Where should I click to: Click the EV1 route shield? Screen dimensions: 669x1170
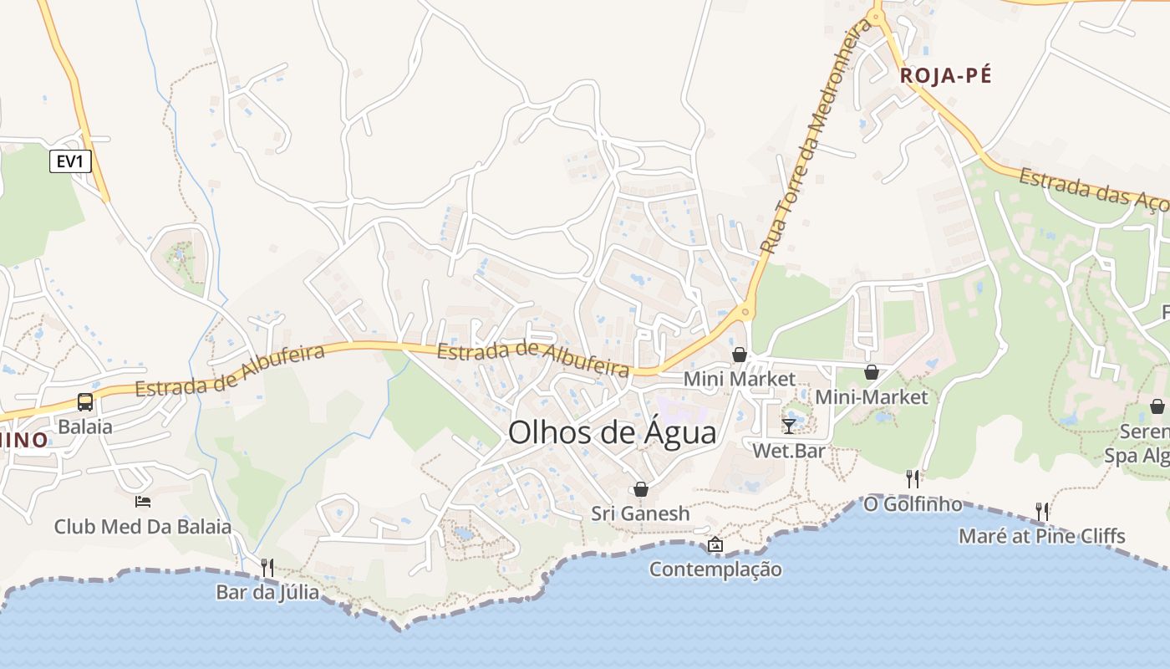(x=70, y=161)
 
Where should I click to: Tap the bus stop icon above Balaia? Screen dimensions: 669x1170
(x=85, y=402)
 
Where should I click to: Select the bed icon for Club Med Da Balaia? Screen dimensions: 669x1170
(x=143, y=502)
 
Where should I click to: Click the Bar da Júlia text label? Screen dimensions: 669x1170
(x=267, y=592)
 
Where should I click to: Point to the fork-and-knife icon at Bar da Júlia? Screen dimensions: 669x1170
(x=267, y=568)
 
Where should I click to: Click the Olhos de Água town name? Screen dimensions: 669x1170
(x=612, y=433)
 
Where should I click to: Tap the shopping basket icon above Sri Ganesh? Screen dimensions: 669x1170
(x=640, y=489)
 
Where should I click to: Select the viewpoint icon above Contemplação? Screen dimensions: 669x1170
(x=715, y=545)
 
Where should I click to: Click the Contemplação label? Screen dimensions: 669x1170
(x=715, y=569)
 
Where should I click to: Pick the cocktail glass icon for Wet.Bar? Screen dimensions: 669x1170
(x=789, y=426)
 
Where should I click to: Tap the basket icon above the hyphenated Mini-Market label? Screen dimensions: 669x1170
(x=871, y=372)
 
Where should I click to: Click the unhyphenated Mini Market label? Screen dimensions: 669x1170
(x=740, y=379)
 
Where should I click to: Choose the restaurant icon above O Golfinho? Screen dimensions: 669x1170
(x=913, y=479)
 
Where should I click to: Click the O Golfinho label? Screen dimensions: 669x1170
(x=913, y=504)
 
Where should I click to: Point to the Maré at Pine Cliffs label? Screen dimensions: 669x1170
(x=1041, y=536)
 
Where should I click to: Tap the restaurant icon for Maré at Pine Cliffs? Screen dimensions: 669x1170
(x=1041, y=511)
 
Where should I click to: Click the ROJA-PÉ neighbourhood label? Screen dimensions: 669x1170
(x=945, y=75)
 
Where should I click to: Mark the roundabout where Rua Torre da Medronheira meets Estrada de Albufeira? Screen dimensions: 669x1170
(x=744, y=312)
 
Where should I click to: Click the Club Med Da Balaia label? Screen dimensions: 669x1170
(x=143, y=527)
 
